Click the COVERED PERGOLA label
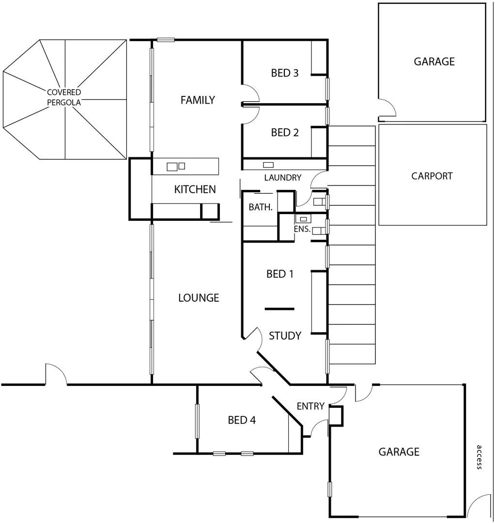64,97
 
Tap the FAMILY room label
198,100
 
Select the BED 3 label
285,73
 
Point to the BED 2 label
285,133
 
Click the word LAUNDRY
283,178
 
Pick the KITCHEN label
195,189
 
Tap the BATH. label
261,207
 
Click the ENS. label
302,229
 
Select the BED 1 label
280,274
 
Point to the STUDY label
285,336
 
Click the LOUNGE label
199,298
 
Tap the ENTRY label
310,406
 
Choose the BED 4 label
242,420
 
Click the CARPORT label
432,176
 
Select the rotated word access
479,457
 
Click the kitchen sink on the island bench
172,167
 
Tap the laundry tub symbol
268,165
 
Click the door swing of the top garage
387,108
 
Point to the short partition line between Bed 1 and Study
279,308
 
